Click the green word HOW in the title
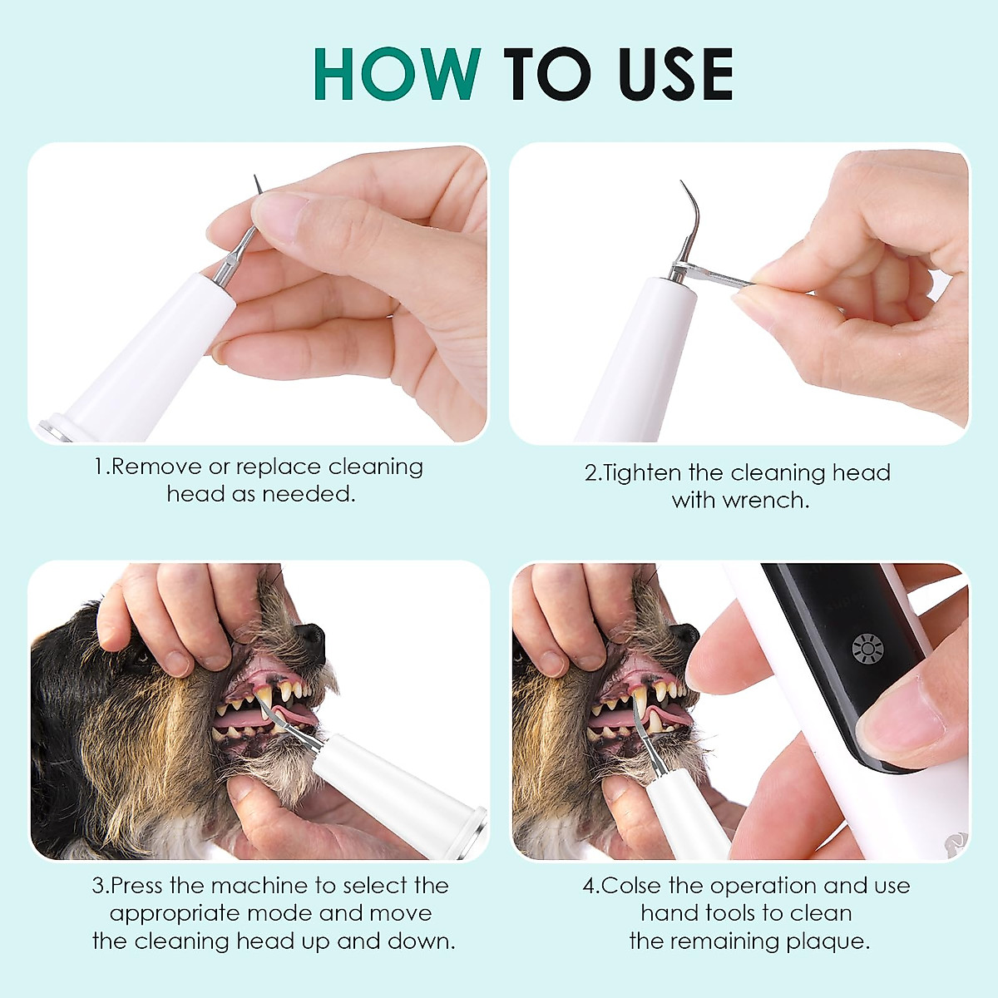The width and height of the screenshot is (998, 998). click(398, 75)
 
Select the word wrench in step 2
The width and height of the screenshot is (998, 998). click(765, 501)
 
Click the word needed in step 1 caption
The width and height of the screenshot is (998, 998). click(309, 494)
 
